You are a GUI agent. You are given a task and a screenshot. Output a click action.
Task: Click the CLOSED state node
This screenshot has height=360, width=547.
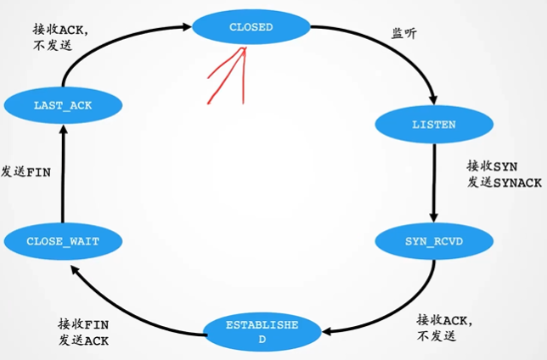pos(251,27)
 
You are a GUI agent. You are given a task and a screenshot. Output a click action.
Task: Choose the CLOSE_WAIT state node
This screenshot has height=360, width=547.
pos(63,241)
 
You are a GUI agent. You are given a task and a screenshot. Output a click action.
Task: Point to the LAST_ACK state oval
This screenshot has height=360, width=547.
pos(63,105)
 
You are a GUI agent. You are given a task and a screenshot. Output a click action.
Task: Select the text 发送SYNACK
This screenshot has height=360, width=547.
pos(502,182)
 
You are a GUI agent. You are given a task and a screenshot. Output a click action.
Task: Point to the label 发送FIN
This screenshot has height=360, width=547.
pos(27,172)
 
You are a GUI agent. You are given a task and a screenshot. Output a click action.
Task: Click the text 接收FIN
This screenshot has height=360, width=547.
pos(83,324)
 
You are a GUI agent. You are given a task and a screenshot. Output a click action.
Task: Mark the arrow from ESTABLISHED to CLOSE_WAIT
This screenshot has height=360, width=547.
pos(127,306)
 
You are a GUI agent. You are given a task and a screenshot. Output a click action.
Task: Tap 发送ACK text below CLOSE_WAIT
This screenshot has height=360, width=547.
pos(83,340)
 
